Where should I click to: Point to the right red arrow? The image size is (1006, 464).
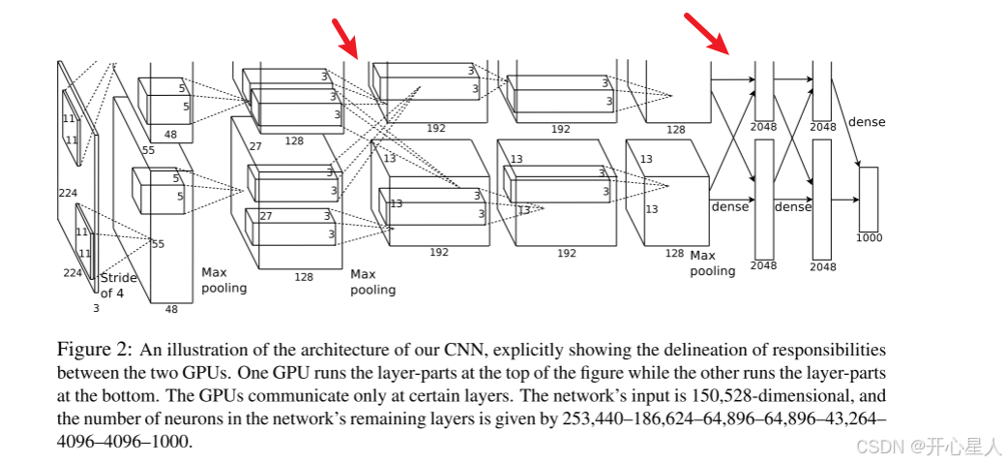point(707,33)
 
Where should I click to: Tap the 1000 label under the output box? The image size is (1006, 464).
point(869,237)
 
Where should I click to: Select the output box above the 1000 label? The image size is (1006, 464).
point(868,199)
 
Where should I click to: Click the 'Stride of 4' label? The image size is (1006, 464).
point(118,285)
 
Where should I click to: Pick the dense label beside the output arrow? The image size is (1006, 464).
point(866,122)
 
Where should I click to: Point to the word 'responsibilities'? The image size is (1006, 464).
point(830,349)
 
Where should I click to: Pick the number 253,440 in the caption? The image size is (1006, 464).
point(584,418)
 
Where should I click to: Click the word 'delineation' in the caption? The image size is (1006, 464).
point(686,349)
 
